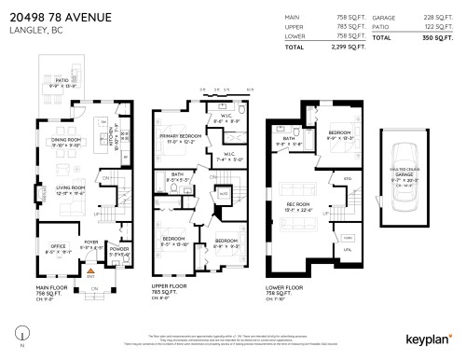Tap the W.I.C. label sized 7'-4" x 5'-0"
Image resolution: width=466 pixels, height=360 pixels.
228,155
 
